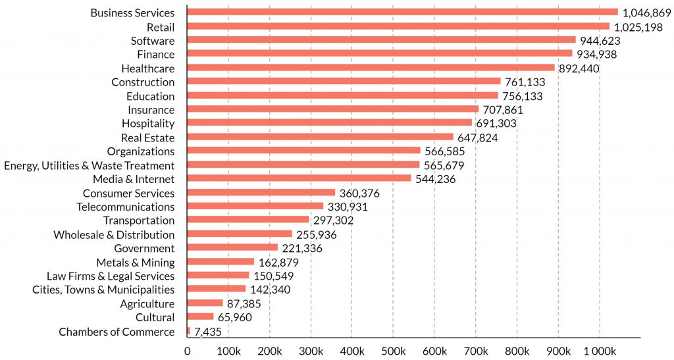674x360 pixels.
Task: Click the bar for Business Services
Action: point(402,12)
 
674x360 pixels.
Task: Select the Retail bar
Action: point(398,26)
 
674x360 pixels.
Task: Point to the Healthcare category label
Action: point(148,68)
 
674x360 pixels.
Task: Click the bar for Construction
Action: point(344,82)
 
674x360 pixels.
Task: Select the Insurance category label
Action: point(151,110)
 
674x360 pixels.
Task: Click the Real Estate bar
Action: point(320,137)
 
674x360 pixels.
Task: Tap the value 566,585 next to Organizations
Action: point(449,151)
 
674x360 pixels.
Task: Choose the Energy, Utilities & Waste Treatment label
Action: point(90,165)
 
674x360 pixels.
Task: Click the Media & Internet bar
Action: point(299,178)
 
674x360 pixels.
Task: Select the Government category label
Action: point(144,248)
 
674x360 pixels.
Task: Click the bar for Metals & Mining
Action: point(220,261)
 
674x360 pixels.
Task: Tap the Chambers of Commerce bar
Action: point(188,331)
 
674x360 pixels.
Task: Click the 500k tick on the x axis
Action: point(393,349)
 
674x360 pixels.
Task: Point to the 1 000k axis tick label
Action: point(599,349)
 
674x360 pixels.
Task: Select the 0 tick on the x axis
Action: point(188,349)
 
